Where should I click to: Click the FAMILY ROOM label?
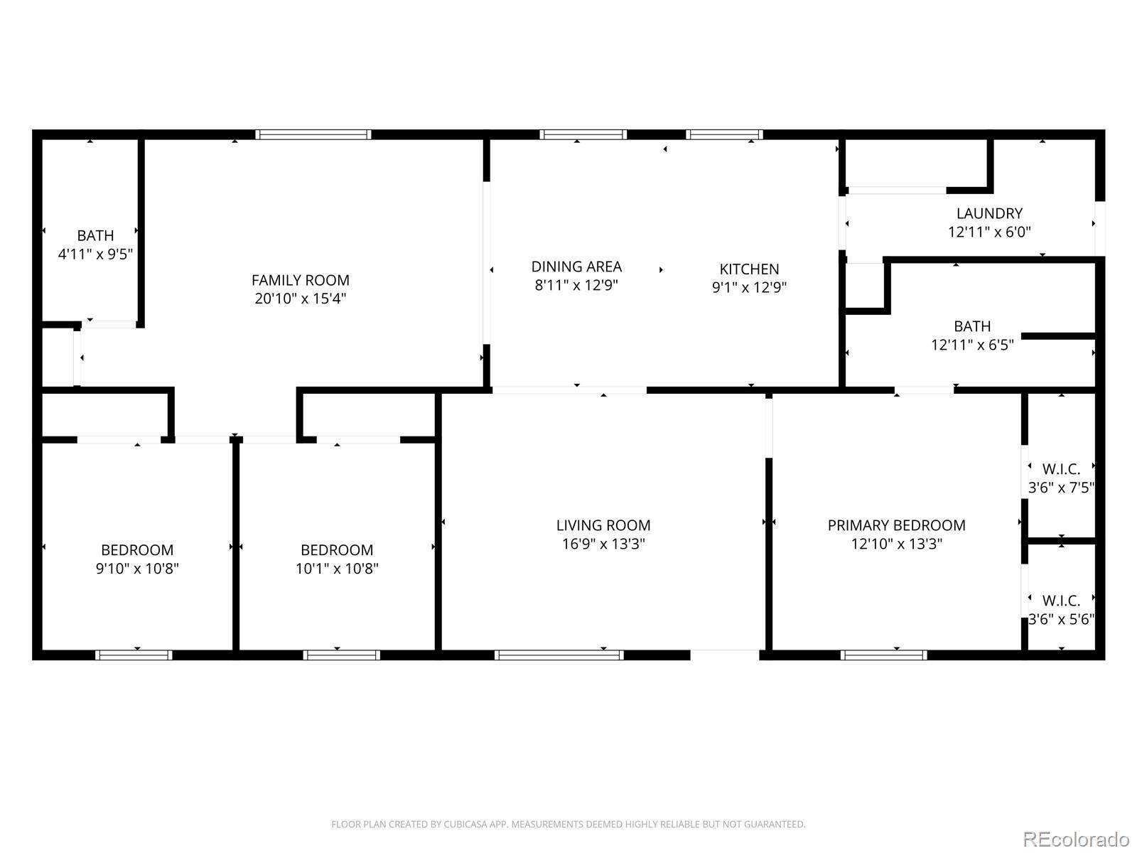click(300, 280)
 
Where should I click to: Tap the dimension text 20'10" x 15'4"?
click(300, 299)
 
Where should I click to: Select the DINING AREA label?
click(576, 267)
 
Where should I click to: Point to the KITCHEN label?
click(749, 269)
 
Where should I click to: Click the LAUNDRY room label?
click(989, 213)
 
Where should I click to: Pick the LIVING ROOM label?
click(603, 525)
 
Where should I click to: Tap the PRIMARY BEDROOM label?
click(896, 525)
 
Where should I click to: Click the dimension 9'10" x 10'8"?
click(137, 569)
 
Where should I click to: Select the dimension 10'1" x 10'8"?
click(337, 569)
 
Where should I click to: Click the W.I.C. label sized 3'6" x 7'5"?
click(1061, 469)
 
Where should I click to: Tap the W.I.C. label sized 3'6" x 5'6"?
click(1061, 601)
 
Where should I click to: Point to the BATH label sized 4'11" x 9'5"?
click(95, 235)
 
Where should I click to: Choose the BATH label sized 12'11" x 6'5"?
click(971, 326)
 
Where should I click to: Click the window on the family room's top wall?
click(313, 134)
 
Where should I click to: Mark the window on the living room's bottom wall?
click(559, 655)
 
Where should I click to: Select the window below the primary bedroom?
click(883, 655)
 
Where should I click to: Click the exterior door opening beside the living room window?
click(725, 655)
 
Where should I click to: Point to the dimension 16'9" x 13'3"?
click(603, 544)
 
